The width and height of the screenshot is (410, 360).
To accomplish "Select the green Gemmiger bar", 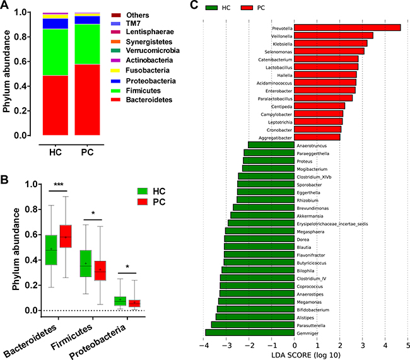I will pyautogui.click(x=250, y=332).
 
